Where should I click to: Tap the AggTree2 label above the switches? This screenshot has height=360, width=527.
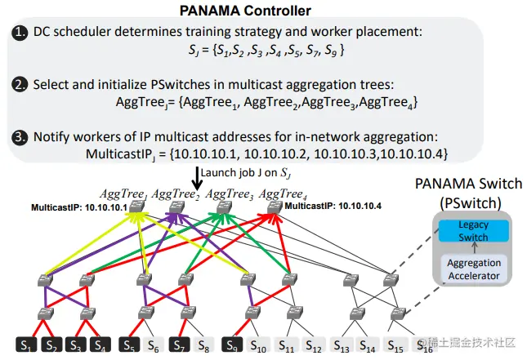pyautogui.click(x=176, y=193)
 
